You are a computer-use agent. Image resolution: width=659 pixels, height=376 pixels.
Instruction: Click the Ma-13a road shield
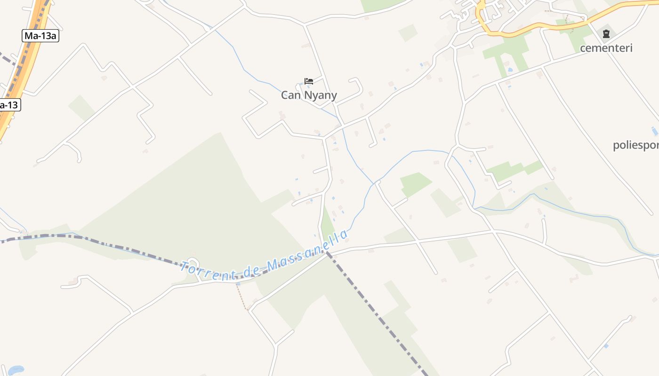pos(40,35)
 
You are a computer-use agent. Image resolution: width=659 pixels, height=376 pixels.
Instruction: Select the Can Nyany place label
pos(309,95)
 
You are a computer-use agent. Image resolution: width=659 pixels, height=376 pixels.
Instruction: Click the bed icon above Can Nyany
pos(309,81)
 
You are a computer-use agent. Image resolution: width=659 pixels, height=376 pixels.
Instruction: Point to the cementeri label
pos(606,48)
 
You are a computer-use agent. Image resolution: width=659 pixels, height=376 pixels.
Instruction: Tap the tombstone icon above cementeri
pos(606,34)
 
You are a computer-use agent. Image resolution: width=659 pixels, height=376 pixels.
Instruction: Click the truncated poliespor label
pos(635,145)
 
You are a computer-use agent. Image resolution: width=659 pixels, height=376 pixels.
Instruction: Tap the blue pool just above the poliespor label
pos(654,131)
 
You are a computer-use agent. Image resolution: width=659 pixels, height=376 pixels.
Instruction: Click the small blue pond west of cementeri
pos(510,70)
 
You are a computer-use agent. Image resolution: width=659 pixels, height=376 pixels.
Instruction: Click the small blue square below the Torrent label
pos(238,283)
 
